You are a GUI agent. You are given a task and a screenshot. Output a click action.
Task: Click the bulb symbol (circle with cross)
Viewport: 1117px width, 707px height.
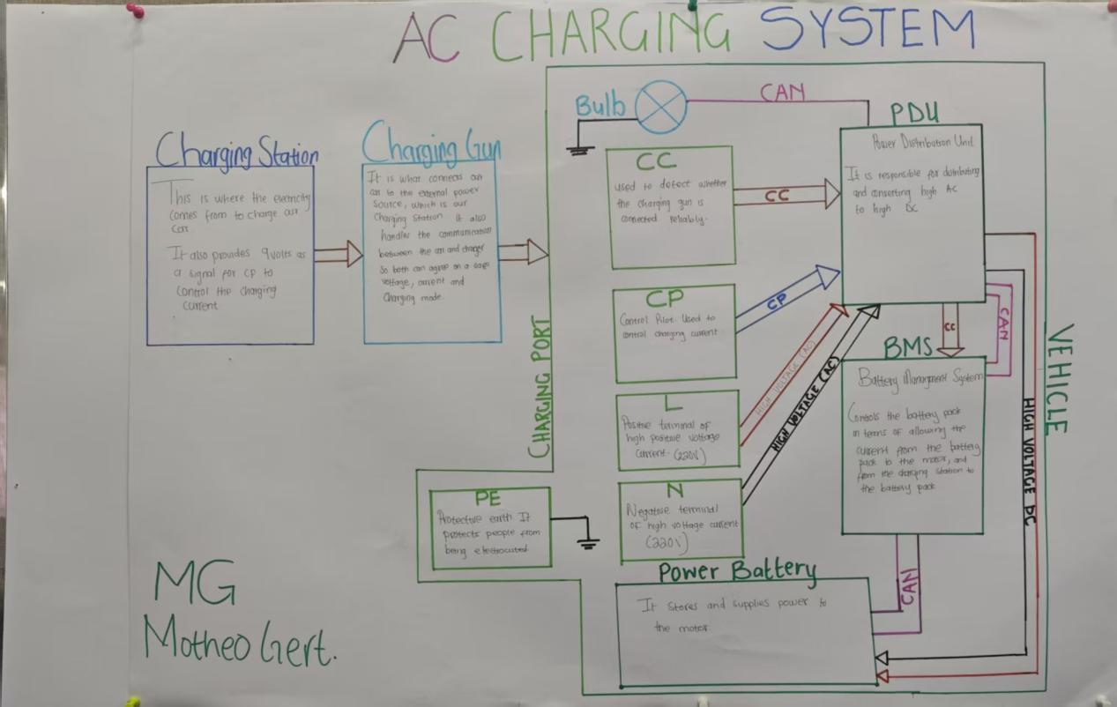661,107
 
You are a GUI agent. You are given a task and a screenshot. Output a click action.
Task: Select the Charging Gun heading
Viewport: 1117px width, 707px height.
431,144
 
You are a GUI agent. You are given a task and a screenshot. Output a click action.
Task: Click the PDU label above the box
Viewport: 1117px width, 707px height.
913,113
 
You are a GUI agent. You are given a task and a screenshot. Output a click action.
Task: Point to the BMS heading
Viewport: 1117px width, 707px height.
907,347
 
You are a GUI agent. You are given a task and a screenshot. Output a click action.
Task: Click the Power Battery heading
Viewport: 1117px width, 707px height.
737,571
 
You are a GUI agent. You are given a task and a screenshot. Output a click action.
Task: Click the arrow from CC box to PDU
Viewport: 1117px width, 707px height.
786,196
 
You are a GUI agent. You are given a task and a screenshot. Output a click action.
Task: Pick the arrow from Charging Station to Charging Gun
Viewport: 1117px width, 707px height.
338,255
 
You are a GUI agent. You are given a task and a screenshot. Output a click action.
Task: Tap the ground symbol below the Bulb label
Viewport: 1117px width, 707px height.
580,148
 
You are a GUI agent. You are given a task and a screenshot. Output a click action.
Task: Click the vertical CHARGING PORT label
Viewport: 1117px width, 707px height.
540,387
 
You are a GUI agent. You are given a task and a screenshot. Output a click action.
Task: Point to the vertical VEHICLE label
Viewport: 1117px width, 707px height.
1058,378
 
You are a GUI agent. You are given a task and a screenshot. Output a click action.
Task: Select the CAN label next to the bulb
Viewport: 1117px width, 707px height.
782,92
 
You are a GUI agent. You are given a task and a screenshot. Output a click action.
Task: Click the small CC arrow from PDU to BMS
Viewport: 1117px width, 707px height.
949,329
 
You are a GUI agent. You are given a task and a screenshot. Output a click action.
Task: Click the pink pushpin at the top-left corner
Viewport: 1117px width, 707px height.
134,11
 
